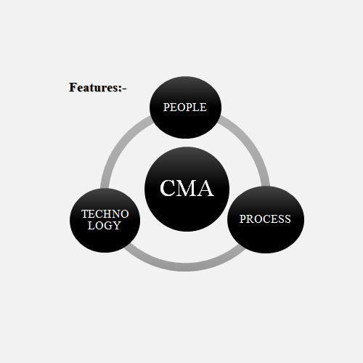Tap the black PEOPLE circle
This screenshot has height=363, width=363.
tap(185, 107)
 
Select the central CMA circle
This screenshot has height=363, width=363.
tap(187, 189)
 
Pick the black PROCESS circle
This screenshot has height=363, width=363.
tap(266, 220)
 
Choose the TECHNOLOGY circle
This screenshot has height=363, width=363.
tap(105, 221)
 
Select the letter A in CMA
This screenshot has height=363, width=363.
tap(205, 188)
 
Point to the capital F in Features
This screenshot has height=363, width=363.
tap(73, 87)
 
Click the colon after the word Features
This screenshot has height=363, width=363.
tap(121, 89)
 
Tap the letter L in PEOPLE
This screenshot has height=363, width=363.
tap(196, 107)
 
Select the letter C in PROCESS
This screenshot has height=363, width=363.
tap(266, 219)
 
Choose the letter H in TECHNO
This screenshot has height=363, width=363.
tap(108, 214)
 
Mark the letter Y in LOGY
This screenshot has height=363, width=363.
tap(116, 226)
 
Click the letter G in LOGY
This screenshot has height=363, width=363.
tap(107, 226)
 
